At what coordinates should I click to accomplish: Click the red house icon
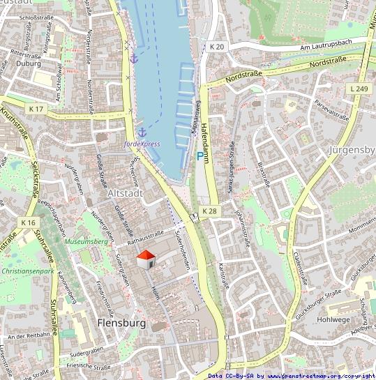146,260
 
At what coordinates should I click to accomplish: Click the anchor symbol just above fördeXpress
142,132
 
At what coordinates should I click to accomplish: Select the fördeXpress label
142,144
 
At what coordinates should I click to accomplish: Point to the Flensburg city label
122,324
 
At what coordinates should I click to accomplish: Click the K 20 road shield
217,47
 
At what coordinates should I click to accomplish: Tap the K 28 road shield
210,211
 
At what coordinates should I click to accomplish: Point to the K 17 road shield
36,109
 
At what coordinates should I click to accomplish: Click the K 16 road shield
28,222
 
